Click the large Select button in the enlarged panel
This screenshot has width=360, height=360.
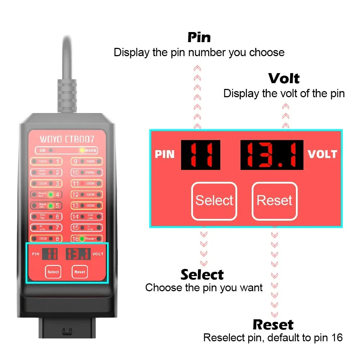[x=214, y=201]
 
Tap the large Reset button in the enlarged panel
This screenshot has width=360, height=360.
[x=274, y=201]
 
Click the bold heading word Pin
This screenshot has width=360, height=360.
[x=199, y=37]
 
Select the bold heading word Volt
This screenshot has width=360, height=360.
[x=284, y=78]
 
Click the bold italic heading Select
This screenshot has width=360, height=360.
[x=202, y=275]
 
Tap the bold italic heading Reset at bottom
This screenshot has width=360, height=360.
[x=273, y=325]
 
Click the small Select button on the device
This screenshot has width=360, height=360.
[x=53, y=272]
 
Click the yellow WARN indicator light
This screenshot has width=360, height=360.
[x=82, y=150]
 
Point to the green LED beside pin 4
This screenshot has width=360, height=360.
[x=51, y=195]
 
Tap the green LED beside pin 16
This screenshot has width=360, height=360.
[x=82, y=239]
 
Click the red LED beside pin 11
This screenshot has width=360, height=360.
[x=82, y=184]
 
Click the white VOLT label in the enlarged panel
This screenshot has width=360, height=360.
[x=322, y=154]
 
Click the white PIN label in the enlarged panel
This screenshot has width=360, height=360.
[x=165, y=154]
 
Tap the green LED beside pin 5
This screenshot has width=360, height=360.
[x=51, y=206]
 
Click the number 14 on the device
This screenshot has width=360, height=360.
[x=75, y=217]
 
